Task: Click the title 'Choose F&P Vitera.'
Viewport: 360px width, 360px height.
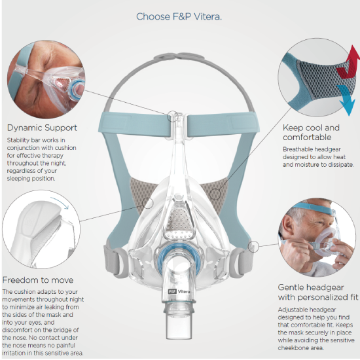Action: [179, 16]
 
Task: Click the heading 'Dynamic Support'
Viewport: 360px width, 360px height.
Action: [42, 128]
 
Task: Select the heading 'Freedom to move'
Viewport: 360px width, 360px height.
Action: [38, 280]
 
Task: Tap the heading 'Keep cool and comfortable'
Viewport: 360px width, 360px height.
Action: [311, 132]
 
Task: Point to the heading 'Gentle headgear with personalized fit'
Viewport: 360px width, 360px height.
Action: [318, 292]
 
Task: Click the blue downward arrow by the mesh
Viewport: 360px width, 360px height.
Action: [346, 99]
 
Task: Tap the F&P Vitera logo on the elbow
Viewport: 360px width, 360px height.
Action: [179, 291]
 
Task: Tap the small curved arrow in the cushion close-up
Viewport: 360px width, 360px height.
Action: [60, 202]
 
